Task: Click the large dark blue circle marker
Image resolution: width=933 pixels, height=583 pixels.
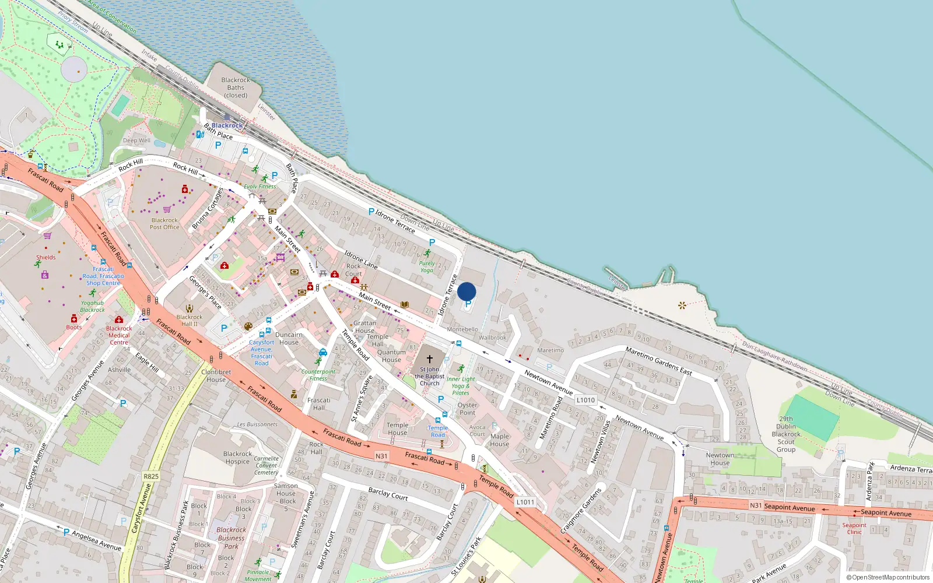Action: coord(466,291)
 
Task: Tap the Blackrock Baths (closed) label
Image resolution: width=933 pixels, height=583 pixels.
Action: coord(236,87)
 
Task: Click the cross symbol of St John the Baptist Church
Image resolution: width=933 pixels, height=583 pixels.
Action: coord(430,359)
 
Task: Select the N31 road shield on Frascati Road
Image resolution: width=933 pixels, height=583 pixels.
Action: coord(381,456)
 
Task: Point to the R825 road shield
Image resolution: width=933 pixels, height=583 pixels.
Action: coord(151,476)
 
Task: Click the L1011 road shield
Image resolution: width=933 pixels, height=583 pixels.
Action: coord(525,502)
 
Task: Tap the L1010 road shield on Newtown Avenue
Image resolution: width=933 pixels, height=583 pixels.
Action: coord(585,400)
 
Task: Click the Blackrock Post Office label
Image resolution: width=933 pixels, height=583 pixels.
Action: coord(164,224)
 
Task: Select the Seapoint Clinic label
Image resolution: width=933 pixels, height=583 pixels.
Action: coord(854,528)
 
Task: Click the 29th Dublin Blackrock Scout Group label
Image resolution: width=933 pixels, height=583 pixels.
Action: coord(786,434)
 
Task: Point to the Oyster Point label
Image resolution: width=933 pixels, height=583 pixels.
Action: coord(467,409)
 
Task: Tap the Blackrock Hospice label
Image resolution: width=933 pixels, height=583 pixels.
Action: coord(237,458)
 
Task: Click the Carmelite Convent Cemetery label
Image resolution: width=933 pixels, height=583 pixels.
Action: coord(266,465)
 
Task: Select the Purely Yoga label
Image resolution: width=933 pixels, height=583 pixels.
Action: coord(427,266)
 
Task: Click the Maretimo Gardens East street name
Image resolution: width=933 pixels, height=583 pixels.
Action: coord(659,360)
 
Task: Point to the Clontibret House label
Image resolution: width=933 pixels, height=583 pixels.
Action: coord(216,375)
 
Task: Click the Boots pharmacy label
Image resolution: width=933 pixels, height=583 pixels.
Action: coord(74,327)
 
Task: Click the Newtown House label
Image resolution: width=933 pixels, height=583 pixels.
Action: coord(720,459)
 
